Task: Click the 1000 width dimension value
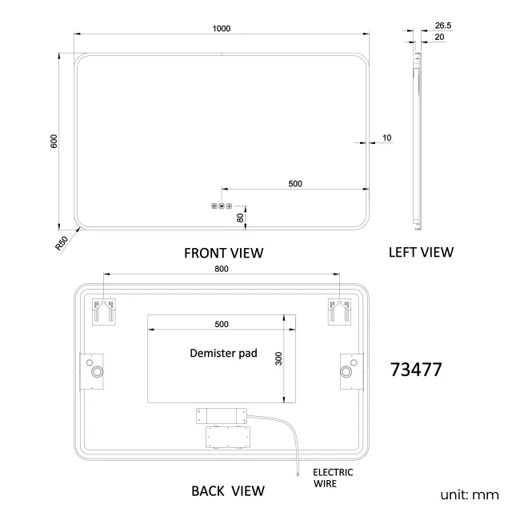(x=221, y=29)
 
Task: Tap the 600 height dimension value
(x=54, y=142)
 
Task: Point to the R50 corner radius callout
(x=62, y=243)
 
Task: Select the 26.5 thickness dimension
(x=443, y=26)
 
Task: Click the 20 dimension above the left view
(x=439, y=37)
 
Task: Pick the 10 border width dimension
(x=387, y=138)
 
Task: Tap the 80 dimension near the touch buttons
(x=240, y=218)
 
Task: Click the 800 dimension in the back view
(x=221, y=269)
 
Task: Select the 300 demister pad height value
(x=278, y=358)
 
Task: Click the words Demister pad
(x=223, y=353)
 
